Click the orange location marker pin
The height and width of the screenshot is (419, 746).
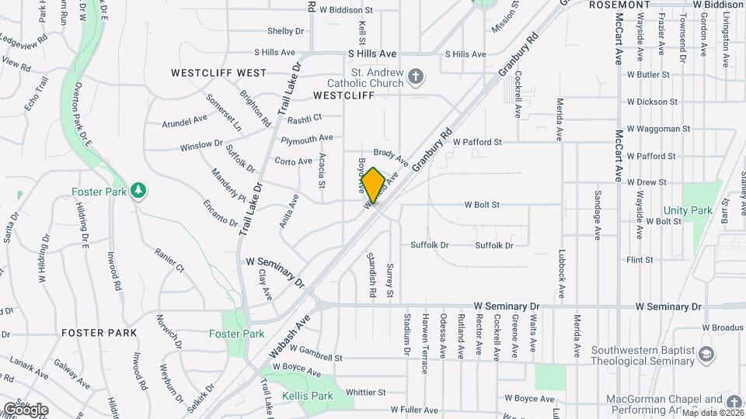tap(373, 185)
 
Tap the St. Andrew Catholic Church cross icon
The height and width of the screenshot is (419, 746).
tap(417, 75)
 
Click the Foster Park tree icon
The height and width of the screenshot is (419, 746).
tap(138, 190)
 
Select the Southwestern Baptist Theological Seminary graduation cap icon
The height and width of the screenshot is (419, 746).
tap(706, 355)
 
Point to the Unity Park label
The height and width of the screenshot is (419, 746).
tap(688, 210)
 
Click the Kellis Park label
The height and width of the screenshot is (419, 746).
tap(309, 396)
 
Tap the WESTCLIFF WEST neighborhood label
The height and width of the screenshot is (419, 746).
tap(218, 73)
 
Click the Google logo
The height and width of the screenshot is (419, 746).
tap(25, 410)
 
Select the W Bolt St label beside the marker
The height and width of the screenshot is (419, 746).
tap(482, 205)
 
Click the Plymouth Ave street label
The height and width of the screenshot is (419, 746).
tap(306, 139)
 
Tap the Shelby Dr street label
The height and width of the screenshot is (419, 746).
tap(285, 31)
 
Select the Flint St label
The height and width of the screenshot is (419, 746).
tap(640, 260)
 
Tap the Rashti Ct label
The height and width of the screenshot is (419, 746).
tap(304, 119)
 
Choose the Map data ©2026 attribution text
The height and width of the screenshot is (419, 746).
tap(710, 414)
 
